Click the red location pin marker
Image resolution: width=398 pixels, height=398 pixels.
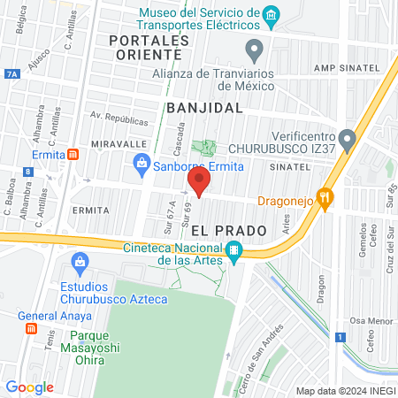click(199, 182)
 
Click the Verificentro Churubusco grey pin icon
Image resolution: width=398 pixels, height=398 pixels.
click(348, 139)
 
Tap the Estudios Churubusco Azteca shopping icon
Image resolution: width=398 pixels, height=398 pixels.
click(80, 262)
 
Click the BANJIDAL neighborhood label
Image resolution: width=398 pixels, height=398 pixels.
click(203, 107)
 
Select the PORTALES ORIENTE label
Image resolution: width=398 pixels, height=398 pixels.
click(149, 48)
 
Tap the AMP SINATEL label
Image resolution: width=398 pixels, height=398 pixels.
click(347, 68)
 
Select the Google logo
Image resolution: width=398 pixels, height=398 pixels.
click(29, 387)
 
